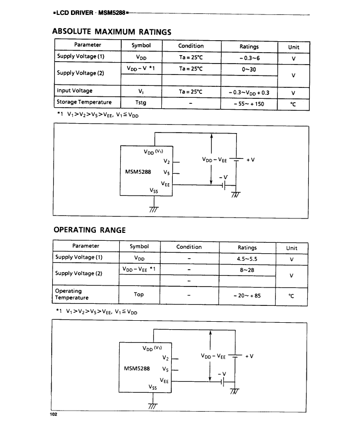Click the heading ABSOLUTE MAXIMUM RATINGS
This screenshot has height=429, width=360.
pyautogui.click(x=112, y=32)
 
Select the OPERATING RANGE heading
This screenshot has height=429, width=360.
pyautogui.click(x=89, y=230)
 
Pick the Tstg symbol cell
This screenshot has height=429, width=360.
pyautogui.click(x=141, y=103)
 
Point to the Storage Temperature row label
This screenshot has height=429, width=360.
pyautogui.click(x=84, y=102)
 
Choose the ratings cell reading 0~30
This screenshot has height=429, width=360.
pyautogui.click(x=249, y=69)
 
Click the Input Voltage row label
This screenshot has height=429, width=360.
pyautogui.click(x=74, y=91)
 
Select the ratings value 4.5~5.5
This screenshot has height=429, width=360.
pyautogui.click(x=247, y=259)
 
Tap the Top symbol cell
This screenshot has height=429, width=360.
pyautogui.click(x=139, y=294)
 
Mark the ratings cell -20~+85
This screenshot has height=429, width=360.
pyautogui.click(x=247, y=295)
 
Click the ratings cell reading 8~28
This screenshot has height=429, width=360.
pyautogui.click(x=247, y=269)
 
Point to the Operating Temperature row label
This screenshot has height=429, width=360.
pyautogui.click(x=72, y=294)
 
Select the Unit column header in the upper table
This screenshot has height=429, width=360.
pyautogui.click(x=293, y=47)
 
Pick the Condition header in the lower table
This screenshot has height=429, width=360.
pyautogui.click(x=189, y=247)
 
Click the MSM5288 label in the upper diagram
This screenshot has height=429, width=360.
pyautogui.click(x=137, y=172)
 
